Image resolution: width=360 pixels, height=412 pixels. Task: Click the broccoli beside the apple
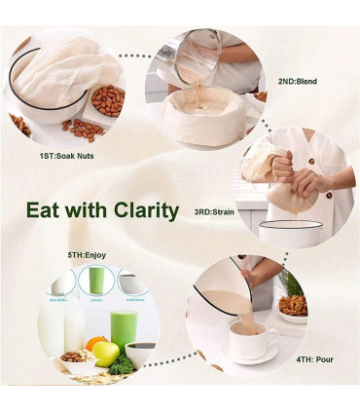click(121, 365)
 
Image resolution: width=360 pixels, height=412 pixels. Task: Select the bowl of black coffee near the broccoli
click(140, 352)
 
